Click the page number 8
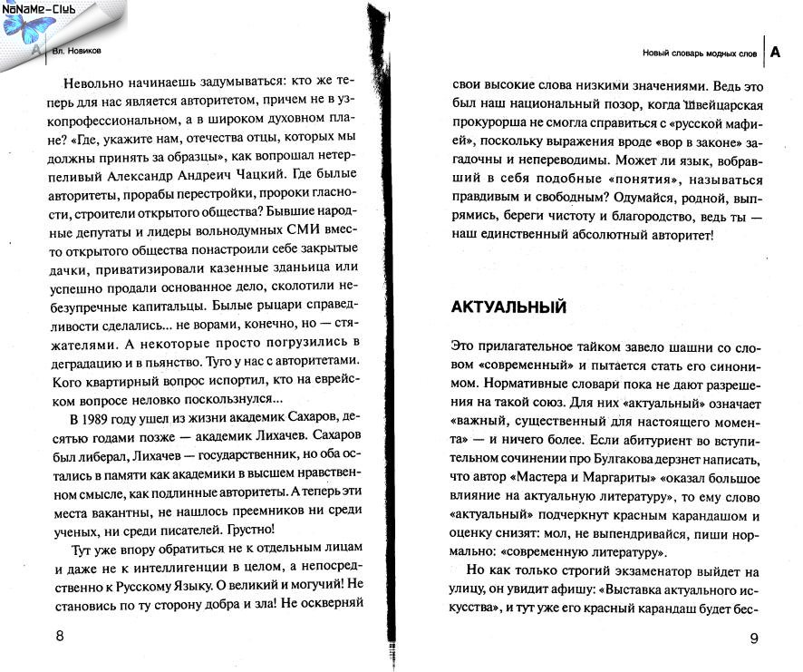tap(60, 635)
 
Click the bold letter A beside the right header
tap(775, 52)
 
